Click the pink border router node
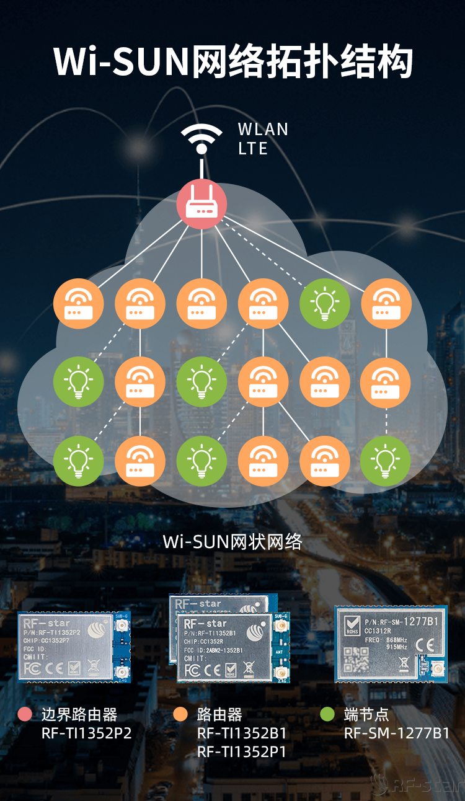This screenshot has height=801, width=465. tap(202, 205)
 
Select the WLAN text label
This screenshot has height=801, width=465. tap(263, 130)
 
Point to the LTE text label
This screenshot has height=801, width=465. tap(253, 149)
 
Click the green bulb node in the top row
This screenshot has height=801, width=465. tap(324, 304)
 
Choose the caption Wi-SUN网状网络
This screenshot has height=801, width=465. tap(232, 542)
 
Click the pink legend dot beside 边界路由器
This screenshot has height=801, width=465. tap(25, 715)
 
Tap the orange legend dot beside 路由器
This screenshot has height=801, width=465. tap(180, 715)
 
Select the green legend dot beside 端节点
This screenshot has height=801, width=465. tap(327, 715)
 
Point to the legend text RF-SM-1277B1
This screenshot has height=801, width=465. tap(397, 733)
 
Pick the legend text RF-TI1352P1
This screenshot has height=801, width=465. tap(242, 752)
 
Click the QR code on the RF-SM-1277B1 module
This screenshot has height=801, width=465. tap(356, 659)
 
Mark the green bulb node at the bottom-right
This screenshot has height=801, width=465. tap(386, 461)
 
